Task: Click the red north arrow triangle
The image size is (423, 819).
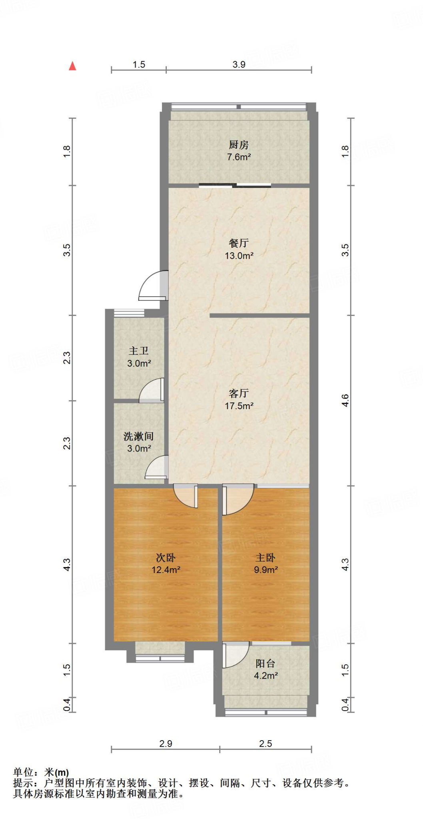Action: [72, 66]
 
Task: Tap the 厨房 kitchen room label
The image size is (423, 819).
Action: [239, 145]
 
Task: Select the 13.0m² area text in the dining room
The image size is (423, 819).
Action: [239, 256]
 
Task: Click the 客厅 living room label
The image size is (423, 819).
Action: [239, 394]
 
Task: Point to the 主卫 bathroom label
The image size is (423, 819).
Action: [139, 351]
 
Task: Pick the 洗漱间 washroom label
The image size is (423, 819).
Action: [139, 436]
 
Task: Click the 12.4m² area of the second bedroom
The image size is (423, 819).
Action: [166, 570]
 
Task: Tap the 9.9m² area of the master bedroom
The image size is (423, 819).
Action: [265, 570]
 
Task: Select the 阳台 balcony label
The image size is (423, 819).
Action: [265, 664]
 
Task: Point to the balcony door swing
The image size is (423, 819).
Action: [235, 655]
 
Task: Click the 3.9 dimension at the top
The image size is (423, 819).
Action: [239, 64]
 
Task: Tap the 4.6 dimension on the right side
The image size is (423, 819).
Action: [345, 400]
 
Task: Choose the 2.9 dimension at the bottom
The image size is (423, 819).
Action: [166, 743]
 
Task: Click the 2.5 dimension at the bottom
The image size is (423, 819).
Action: [265, 743]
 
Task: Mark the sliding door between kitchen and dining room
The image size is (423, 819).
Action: [235, 185]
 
